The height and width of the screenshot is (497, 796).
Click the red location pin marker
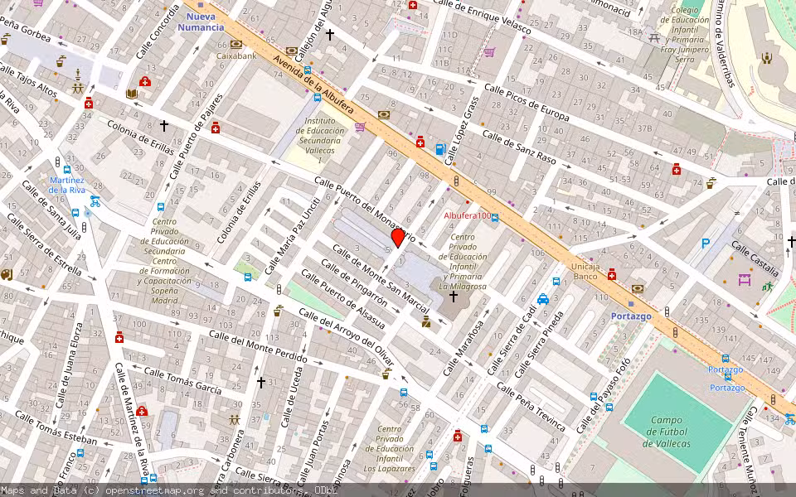[398, 239]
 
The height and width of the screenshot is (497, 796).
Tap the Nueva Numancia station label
[205, 21]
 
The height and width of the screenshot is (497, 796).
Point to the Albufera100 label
[467, 215]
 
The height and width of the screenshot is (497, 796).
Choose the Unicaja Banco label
[586, 272]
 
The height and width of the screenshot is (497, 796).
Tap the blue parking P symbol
[706, 244]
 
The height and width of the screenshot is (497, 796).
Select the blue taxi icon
[542, 300]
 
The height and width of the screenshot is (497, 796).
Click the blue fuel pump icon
[439, 150]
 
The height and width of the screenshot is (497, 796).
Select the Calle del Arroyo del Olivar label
[347, 339]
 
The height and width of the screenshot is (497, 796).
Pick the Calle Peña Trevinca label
[531, 407]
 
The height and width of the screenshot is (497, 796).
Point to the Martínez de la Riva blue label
[67, 186]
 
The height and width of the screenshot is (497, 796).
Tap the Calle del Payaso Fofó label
[604, 395]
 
